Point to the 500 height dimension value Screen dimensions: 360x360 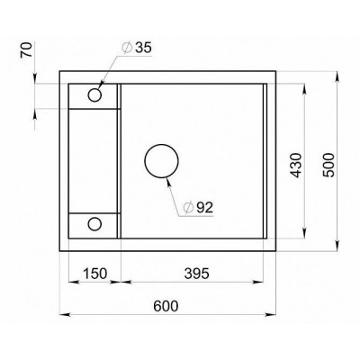329,164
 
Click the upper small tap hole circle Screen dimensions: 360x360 94,93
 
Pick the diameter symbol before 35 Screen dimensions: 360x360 123,49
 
